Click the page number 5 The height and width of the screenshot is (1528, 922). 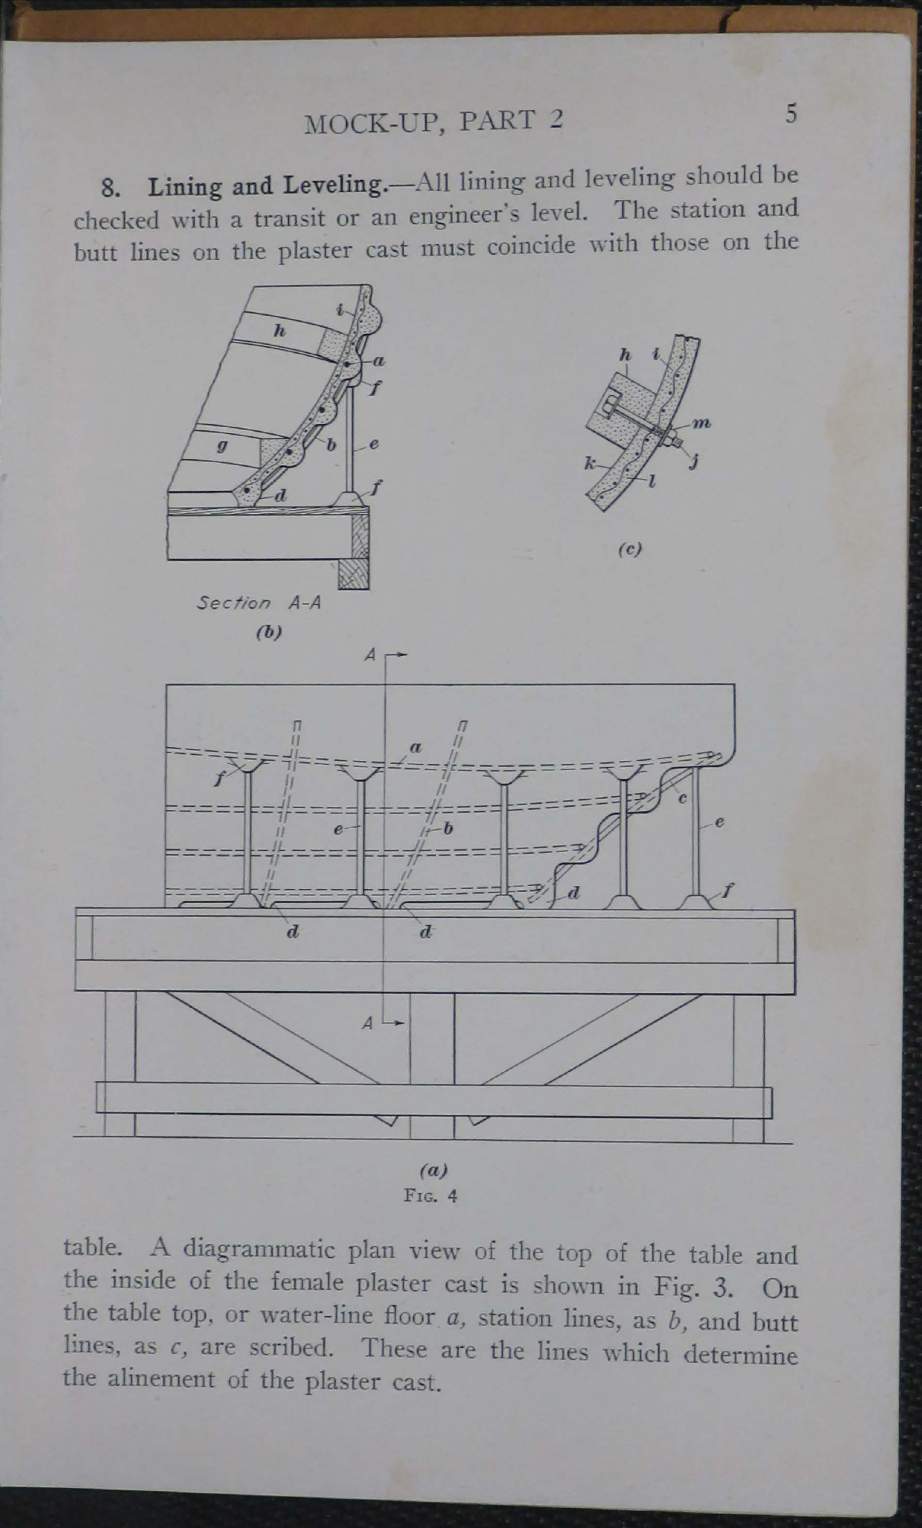pos(791,114)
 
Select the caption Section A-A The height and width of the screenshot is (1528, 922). pos(259,603)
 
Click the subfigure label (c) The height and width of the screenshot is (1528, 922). pos(630,549)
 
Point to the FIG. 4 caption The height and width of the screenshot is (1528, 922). pos(430,1196)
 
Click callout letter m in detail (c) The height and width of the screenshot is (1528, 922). pos(702,424)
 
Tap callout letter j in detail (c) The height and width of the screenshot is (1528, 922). pos(694,461)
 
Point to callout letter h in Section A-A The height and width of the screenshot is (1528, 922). pos(279,331)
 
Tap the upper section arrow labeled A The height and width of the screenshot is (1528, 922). pos(385,655)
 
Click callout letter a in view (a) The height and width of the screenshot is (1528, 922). pos(416,748)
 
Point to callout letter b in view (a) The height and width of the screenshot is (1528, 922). pos(449,828)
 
